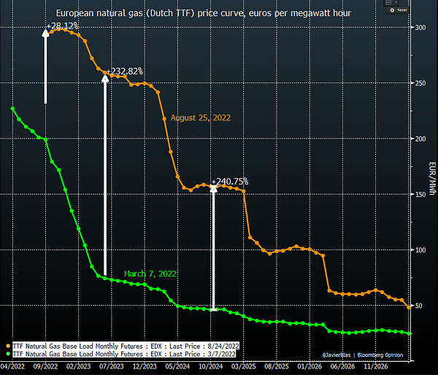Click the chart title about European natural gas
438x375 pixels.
[203, 13]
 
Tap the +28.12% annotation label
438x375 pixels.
[64, 27]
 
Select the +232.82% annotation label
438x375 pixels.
[125, 71]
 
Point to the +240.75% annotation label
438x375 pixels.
[230, 182]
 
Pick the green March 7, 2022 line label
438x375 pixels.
[150, 274]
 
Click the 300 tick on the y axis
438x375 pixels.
[420, 28]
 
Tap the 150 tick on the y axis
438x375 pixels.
[420, 194]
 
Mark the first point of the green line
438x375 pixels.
[13, 109]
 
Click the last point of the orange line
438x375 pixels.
[408, 306]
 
